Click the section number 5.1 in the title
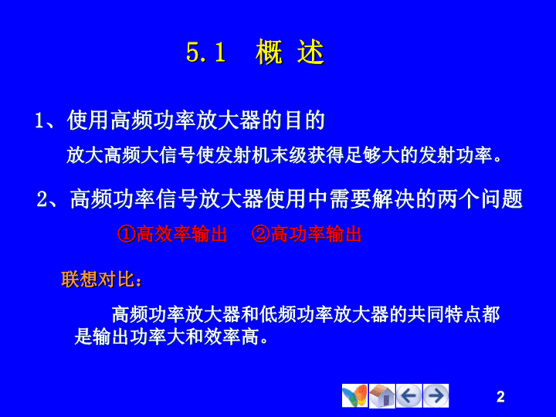(206, 53)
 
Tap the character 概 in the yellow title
(270, 52)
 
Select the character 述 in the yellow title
(310, 52)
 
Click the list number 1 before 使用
(39, 120)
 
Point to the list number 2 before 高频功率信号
(42, 199)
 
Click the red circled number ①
(127, 234)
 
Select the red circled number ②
(261, 234)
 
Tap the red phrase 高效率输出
(181, 234)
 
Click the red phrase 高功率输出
(316, 234)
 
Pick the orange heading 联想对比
(98, 279)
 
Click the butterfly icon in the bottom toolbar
(354, 395)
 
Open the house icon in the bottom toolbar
(382, 395)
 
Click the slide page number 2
(500, 396)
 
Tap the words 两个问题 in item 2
(480, 199)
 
